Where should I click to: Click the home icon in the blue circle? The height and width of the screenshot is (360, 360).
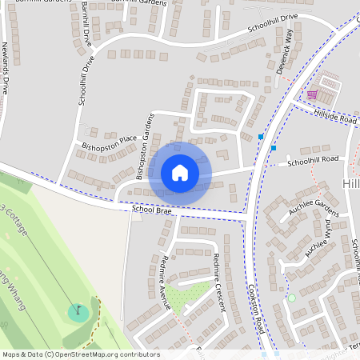pos(180,172)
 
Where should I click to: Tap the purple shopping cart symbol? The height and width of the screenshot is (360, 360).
pos(311,95)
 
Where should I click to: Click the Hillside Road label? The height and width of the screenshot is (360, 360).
pos(336,118)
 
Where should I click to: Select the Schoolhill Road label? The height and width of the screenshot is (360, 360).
pos(313,160)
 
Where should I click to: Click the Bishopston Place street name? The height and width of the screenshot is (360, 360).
pos(110,143)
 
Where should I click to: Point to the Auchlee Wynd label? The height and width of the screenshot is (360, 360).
pos(318,239)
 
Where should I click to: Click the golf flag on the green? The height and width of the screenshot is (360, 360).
pos(78,309)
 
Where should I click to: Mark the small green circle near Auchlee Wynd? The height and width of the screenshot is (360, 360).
pos(291,298)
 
